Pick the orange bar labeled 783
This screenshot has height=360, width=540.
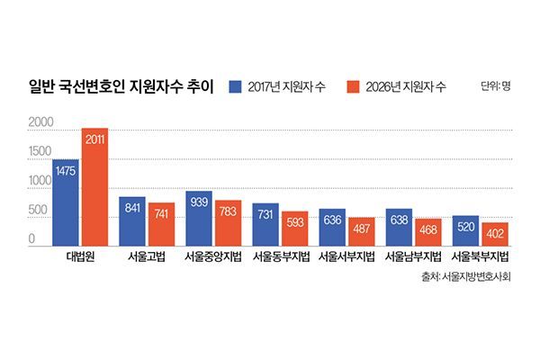tap(228, 223)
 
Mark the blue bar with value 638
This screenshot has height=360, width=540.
tap(399, 227)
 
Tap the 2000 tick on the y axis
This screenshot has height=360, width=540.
tap(41, 121)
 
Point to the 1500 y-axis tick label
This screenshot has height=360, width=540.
tap(41, 151)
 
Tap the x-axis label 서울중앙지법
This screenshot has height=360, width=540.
tap(213, 257)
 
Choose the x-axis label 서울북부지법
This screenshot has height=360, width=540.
tap(481, 257)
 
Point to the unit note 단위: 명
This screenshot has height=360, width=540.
tap(494, 86)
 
